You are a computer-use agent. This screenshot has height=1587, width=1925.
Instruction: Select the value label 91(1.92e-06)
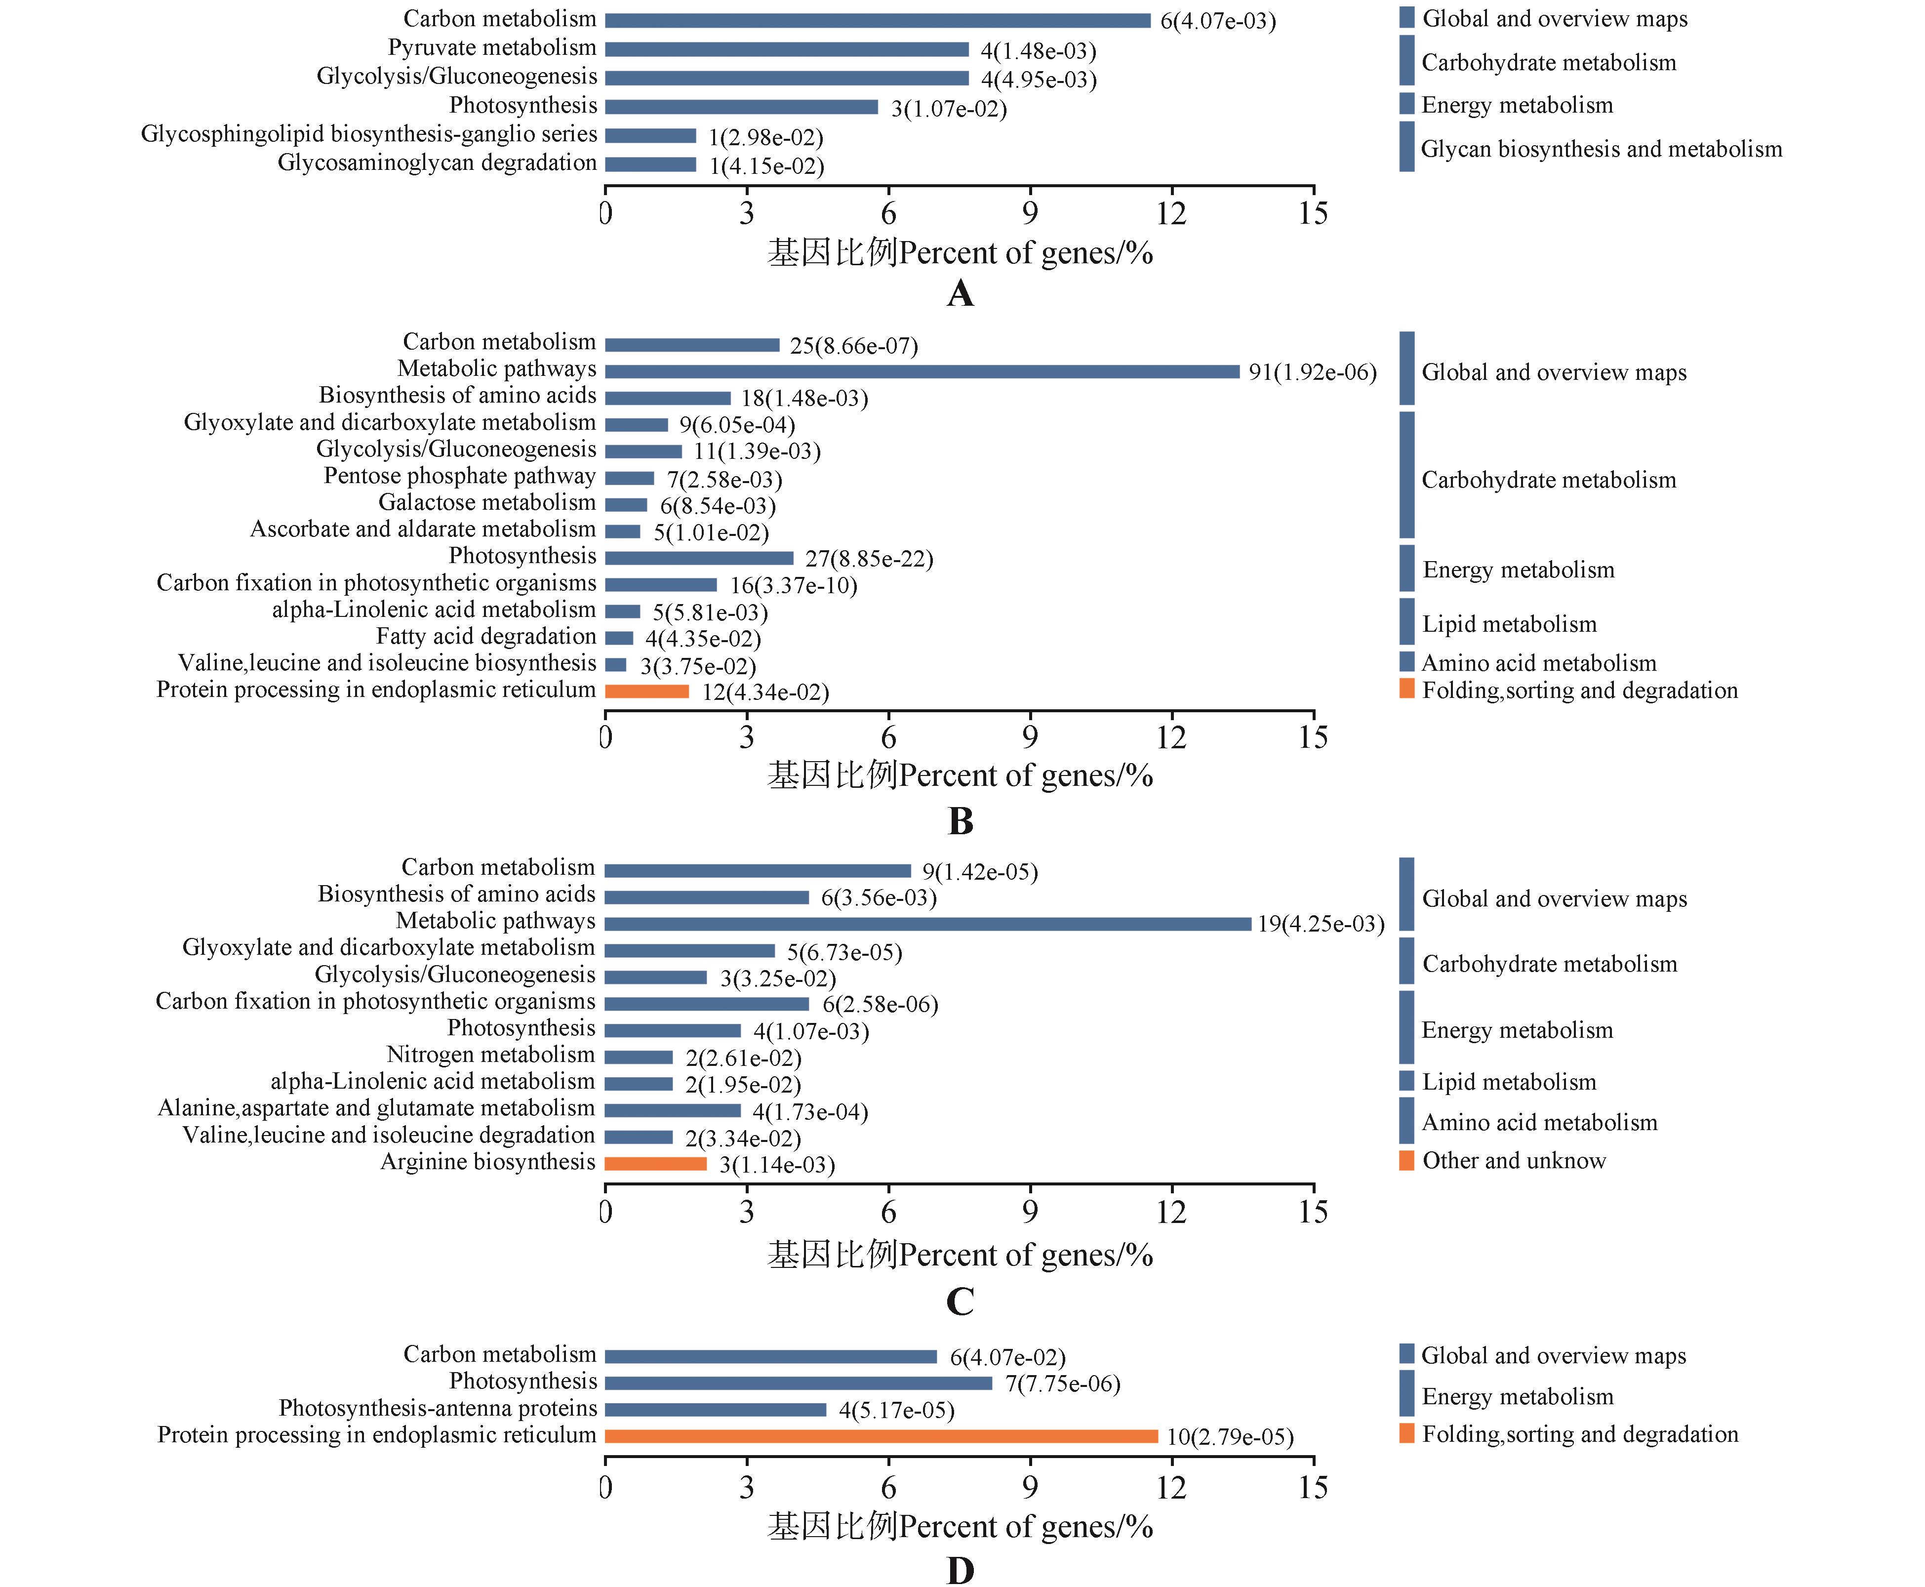(x=1313, y=372)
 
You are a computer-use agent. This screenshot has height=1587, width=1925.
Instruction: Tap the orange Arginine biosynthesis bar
(x=655, y=1164)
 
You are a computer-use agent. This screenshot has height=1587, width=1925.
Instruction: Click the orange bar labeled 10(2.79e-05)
(x=881, y=1436)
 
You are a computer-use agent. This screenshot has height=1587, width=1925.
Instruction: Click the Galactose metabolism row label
(x=487, y=503)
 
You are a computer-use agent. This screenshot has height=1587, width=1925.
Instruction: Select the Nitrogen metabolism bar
(x=639, y=1057)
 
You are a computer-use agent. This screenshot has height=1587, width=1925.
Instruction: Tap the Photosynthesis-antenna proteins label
(x=438, y=1408)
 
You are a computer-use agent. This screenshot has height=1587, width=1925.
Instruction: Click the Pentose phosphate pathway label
(x=460, y=476)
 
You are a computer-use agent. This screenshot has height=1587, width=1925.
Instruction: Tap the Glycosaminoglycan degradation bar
(x=651, y=164)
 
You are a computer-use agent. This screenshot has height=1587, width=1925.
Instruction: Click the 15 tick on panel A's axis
(x=1313, y=214)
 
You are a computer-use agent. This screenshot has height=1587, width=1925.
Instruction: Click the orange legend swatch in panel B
(x=1407, y=689)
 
